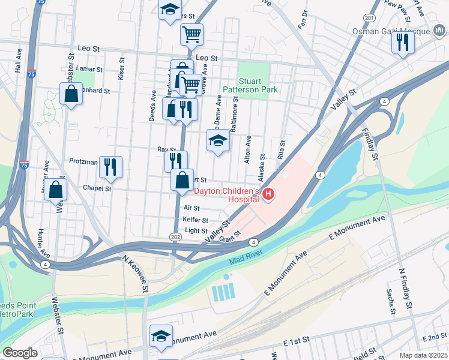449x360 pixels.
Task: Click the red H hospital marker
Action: pyautogui.click(x=268, y=194)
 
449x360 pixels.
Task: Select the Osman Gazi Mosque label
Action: pyautogui.click(x=399, y=31)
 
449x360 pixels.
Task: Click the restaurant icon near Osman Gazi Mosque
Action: pyautogui.click(x=402, y=42)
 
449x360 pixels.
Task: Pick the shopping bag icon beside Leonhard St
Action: pyautogui.click(x=71, y=94)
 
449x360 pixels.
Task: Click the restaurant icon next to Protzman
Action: pyautogui.click(x=110, y=167)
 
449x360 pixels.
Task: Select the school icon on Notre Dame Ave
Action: pyautogui.click(x=218, y=141)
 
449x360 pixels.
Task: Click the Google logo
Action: pyautogui.click(x=20, y=352)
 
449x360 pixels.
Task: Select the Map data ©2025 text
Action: pyautogui.click(x=423, y=355)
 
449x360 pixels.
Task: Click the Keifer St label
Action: pyautogui.click(x=196, y=220)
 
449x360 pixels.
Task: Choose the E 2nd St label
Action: pyautogui.click(x=435, y=338)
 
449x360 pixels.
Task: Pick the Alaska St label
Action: pyautogui.click(x=261, y=167)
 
